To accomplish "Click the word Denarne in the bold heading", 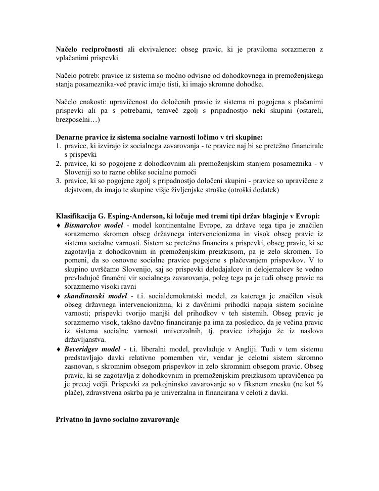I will click(x=69, y=137).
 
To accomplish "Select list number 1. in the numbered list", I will click(x=59, y=146).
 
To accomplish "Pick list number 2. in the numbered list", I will click(x=59, y=163).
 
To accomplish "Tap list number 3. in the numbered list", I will click(x=59, y=181).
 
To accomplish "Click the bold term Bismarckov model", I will click(x=93, y=225).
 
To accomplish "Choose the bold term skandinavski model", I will click(x=96, y=295).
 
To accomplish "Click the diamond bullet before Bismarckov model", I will click(x=59, y=225).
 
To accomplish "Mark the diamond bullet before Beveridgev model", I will click(x=59, y=349).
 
